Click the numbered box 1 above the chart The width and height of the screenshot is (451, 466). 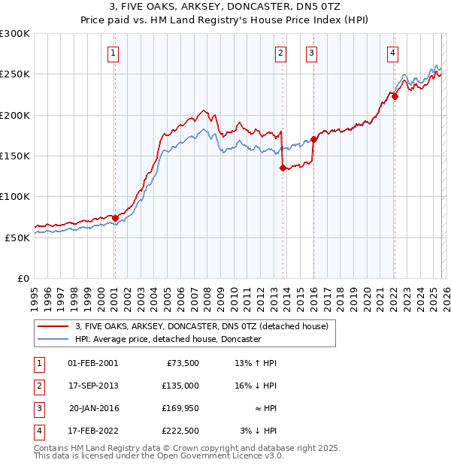[x=113, y=53]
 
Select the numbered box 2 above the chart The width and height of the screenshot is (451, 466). [x=280, y=53]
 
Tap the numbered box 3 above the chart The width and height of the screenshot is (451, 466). [x=311, y=53]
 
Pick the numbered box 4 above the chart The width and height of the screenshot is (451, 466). [x=392, y=53]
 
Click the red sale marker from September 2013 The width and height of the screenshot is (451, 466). [x=283, y=168]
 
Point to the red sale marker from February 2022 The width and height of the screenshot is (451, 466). [x=395, y=97]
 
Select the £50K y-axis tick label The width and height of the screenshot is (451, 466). [x=17, y=238]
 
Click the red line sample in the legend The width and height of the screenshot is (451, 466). [x=53, y=327]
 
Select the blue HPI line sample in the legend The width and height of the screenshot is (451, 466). [x=53, y=340]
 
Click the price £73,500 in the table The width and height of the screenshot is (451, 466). [x=180, y=363]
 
